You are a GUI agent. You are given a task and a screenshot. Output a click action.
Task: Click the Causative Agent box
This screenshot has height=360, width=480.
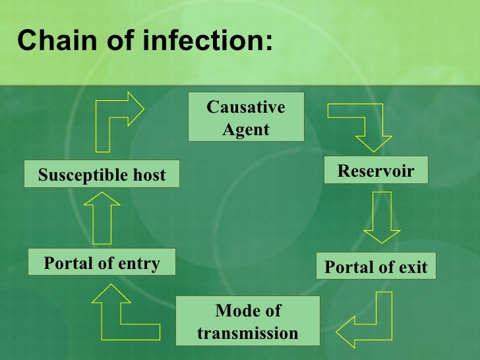[x=246, y=117]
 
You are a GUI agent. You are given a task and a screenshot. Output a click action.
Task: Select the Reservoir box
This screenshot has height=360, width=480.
[x=376, y=171]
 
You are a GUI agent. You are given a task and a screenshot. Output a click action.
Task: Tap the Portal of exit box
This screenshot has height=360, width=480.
[x=376, y=266]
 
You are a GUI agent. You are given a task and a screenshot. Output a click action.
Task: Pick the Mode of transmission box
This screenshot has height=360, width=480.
[x=247, y=321]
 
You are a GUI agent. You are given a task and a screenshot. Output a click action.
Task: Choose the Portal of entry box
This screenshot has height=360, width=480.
[x=102, y=264]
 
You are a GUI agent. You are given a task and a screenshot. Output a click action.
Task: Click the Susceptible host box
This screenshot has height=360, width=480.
[x=102, y=175]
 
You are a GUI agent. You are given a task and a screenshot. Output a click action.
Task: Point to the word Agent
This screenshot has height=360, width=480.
[x=246, y=130]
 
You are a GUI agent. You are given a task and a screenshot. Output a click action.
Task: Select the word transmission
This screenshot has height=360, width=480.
[x=247, y=333]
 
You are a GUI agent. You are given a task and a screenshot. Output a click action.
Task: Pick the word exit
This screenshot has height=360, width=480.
[x=413, y=267]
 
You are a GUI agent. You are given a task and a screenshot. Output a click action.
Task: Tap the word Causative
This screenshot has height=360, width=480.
[x=246, y=107]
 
